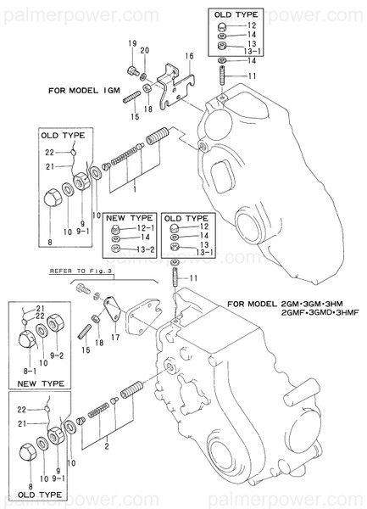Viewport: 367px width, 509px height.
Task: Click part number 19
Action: [x=132, y=44]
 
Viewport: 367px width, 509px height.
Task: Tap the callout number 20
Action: [x=145, y=51]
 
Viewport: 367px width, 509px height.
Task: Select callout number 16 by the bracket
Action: [x=190, y=55]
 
